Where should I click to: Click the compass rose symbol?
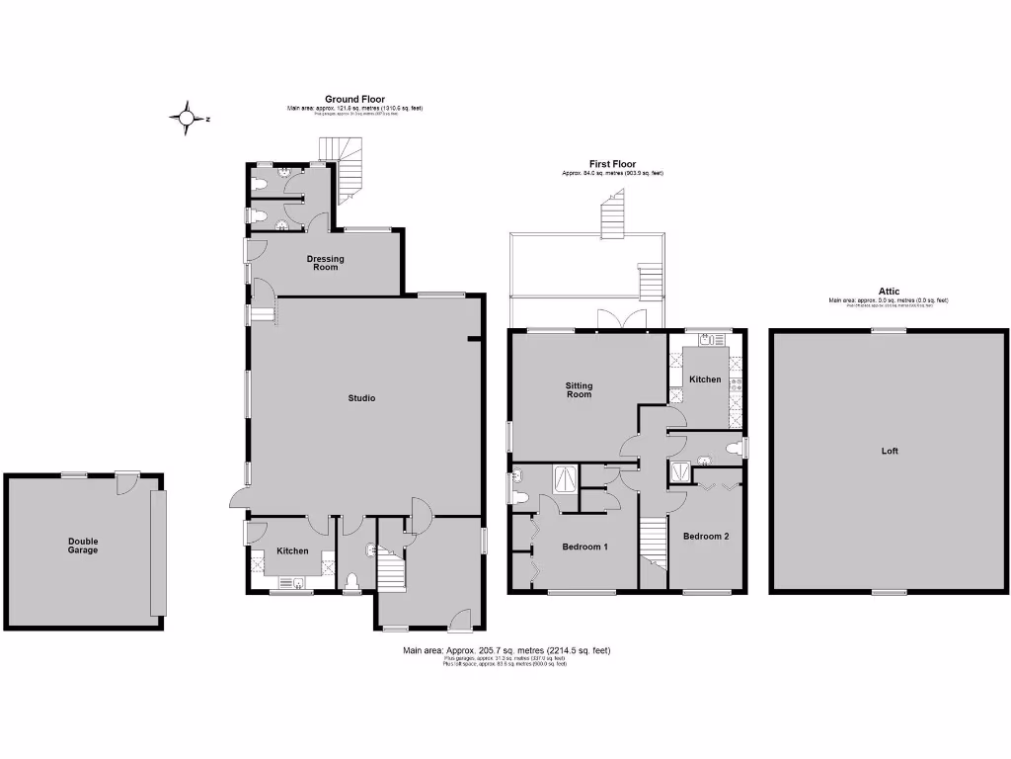pos(186,118)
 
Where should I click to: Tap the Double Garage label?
pos(83,546)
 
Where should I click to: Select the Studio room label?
pos(361,398)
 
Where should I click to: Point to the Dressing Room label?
pos(325,263)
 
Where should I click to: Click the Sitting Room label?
pos(579,389)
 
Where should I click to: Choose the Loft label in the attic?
pos(890,451)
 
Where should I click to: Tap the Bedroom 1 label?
pos(584,547)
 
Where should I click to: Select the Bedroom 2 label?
pos(706,537)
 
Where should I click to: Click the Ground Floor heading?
pos(354,99)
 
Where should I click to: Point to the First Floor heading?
pos(612,164)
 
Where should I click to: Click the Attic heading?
pos(889,292)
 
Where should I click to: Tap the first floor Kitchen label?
pos(705,379)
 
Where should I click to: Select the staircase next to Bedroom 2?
pos(654,544)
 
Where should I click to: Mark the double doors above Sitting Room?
pos(613,318)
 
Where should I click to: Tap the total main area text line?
pos(506,650)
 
